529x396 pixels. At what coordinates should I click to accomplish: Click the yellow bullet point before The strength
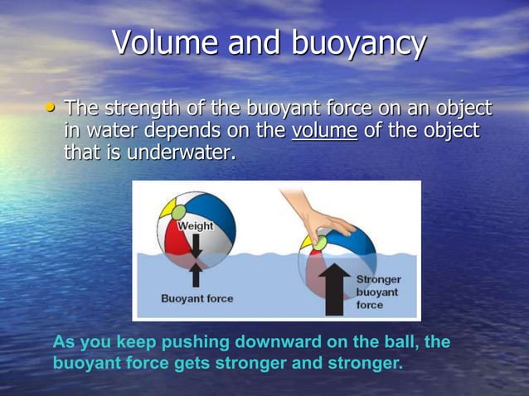tap(52, 108)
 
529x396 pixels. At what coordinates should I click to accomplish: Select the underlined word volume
tap(324, 131)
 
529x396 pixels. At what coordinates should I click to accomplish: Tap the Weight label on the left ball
tap(195, 226)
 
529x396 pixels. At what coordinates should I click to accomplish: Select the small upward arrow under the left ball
tap(196, 274)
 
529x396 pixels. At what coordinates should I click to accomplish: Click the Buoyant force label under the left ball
tap(197, 298)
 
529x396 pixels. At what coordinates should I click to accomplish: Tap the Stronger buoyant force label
tap(377, 292)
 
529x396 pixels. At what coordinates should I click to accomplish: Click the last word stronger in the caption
tap(367, 364)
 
